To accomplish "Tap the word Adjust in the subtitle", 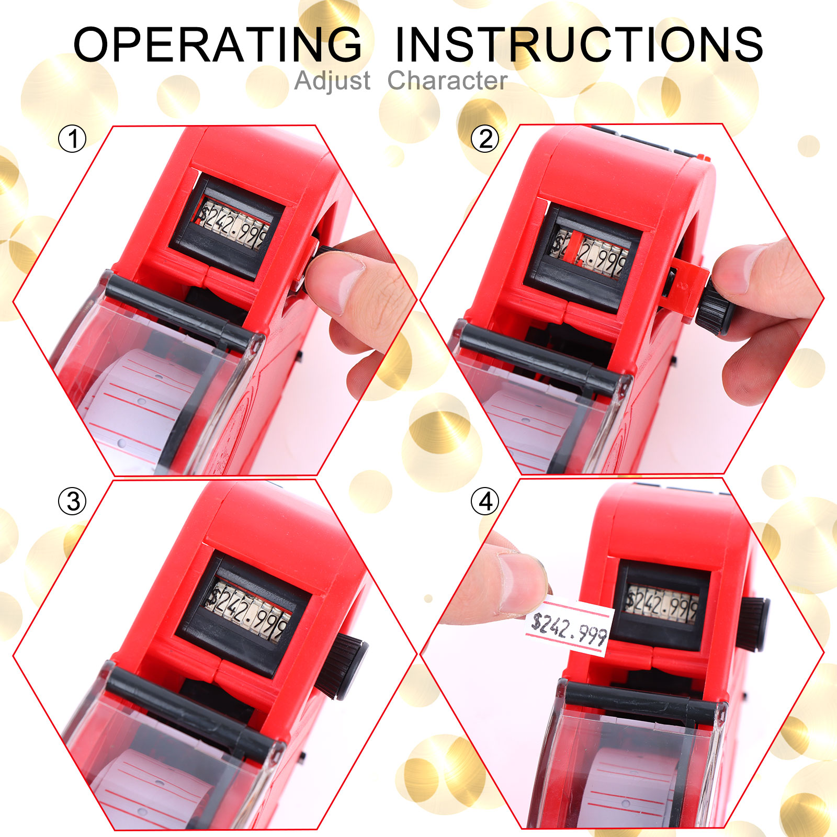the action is click(x=333, y=81).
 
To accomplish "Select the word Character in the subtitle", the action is click(x=447, y=81).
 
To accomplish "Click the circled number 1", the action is click(x=72, y=139).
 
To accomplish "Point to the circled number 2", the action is click(x=485, y=139).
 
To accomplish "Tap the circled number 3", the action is click(x=72, y=501).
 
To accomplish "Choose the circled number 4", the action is click(x=485, y=501).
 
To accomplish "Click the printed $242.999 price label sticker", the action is click(x=569, y=628).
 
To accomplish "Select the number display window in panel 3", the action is click(x=250, y=607).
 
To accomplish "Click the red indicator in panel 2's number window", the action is click(x=575, y=246).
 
